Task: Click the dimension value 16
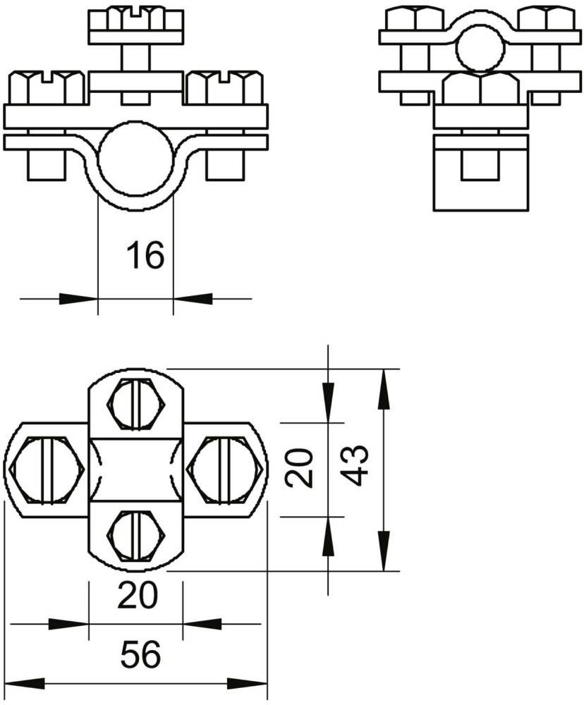click(145, 255)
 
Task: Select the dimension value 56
click(140, 655)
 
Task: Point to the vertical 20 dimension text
click(300, 467)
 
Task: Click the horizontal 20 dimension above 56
click(138, 595)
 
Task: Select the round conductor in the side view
click(480, 49)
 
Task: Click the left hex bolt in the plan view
click(47, 469)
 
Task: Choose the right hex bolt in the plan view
click(225, 469)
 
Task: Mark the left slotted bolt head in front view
click(47, 87)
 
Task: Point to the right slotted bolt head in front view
click(224, 87)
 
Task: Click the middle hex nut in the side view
click(480, 89)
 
